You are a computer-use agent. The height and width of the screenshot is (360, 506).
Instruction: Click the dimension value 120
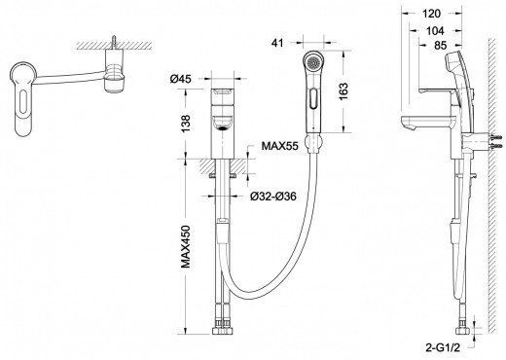432,14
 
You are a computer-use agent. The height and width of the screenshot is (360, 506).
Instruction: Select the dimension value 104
435,31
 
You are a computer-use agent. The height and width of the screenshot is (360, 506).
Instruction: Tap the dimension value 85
441,46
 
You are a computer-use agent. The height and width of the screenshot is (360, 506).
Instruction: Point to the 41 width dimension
277,43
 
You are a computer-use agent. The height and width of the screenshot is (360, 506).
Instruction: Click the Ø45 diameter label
181,79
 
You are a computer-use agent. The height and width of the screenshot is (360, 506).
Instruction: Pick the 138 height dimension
186,124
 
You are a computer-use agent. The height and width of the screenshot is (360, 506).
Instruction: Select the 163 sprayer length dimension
343,91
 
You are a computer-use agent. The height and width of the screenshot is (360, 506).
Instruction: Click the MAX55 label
279,146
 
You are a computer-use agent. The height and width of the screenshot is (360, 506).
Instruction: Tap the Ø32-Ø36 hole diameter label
273,196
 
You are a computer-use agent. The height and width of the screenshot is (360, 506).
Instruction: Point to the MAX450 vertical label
186,246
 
